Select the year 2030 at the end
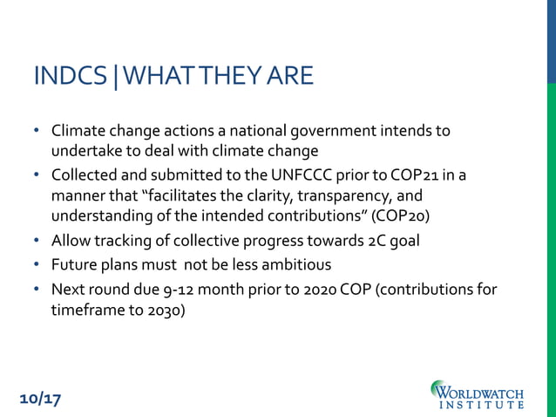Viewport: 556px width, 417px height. click(162, 310)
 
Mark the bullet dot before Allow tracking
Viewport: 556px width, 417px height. click(37, 241)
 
